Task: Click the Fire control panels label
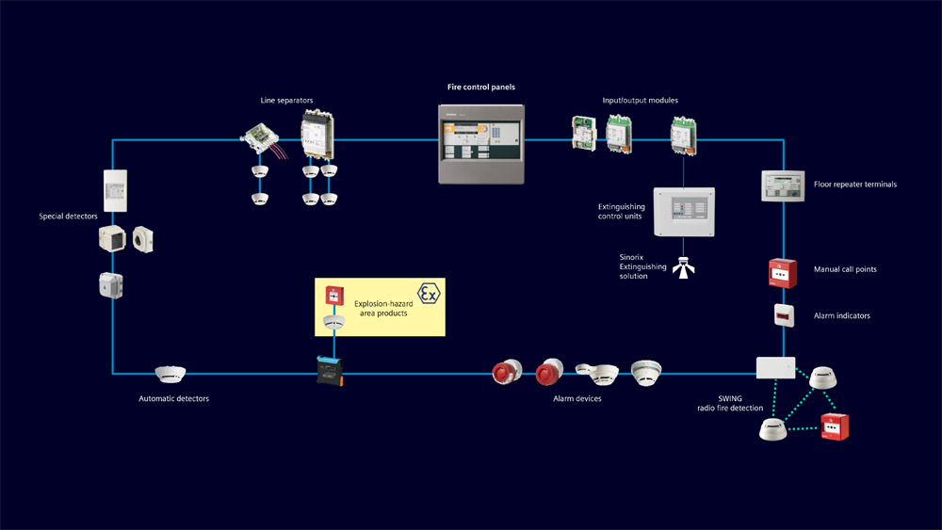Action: [480, 88]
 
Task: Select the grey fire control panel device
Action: [480, 143]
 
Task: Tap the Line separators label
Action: [286, 100]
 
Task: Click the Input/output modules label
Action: [640, 100]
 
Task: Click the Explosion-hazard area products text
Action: [381, 308]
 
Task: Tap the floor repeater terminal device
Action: [781, 185]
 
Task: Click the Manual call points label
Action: [845, 269]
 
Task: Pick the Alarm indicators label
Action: [841, 315]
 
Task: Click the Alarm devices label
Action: [577, 398]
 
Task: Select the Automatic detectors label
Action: [173, 398]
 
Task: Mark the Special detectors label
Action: [68, 217]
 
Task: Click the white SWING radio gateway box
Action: [776, 366]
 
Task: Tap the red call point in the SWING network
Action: [835, 426]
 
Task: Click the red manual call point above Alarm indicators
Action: [783, 273]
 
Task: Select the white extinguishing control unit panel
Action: [685, 210]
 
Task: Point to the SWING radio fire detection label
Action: [730, 403]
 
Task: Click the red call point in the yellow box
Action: [333, 296]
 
